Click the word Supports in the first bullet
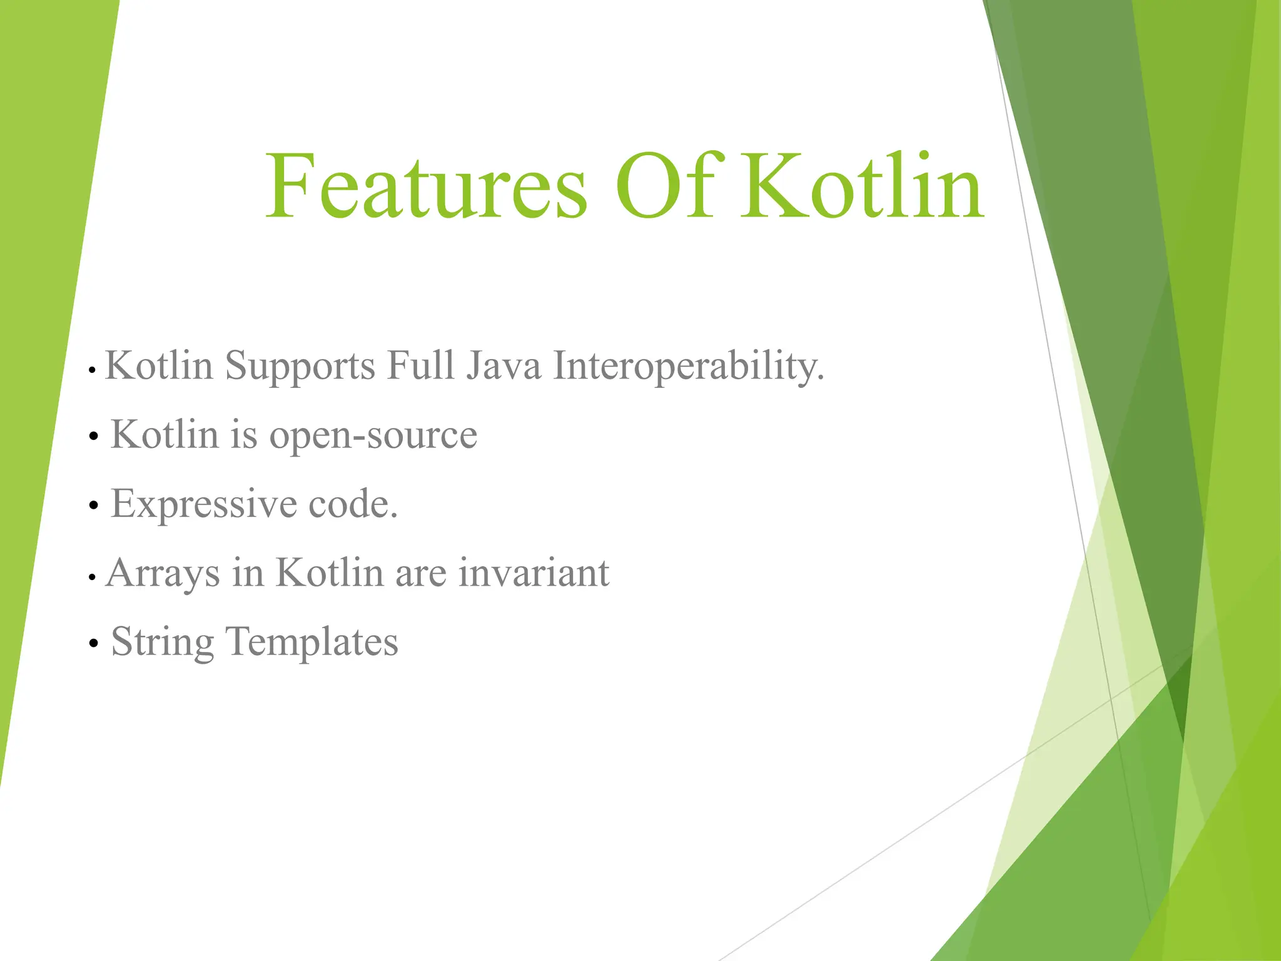click(300, 367)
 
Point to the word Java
click(504, 365)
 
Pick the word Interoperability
click(688, 367)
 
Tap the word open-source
click(373, 435)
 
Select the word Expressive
click(203, 504)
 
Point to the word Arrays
click(163, 573)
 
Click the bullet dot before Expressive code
click(94, 505)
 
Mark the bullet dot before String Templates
click(94, 643)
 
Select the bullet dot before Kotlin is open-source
click(94, 436)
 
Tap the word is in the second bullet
click(244, 435)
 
